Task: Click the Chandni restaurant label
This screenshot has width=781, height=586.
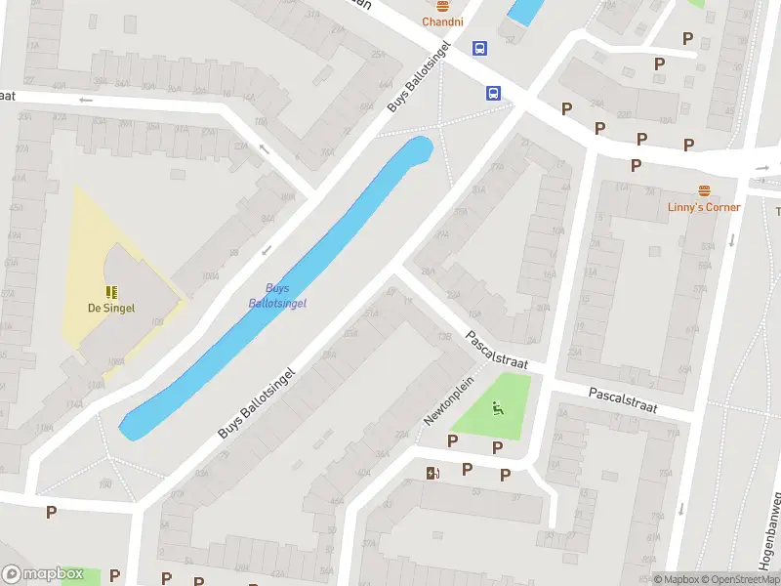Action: (x=442, y=21)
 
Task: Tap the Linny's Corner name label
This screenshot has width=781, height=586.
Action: (x=704, y=207)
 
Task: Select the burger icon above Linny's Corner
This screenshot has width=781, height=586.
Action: (x=704, y=189)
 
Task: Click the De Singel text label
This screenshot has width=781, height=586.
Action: (x=111, y=308)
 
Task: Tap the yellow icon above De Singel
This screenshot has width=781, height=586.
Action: (x=111, y=291)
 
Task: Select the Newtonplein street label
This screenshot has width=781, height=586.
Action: (x=448, y=400)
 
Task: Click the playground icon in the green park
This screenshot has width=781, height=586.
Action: (x=499, y=409)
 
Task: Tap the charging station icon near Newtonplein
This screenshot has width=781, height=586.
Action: (x=432, y=474)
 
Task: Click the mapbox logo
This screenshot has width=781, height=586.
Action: (x=43, y=574)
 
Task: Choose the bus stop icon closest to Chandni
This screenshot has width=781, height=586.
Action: (x=479, y=48)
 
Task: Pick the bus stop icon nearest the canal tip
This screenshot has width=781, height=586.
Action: (x=494, y=94)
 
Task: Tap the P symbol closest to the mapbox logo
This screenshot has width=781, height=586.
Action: (x=115, y=575)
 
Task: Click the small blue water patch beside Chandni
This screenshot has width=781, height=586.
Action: (x=524, y=11)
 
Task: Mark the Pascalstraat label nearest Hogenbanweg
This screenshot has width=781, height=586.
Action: (x=623, y=399)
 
